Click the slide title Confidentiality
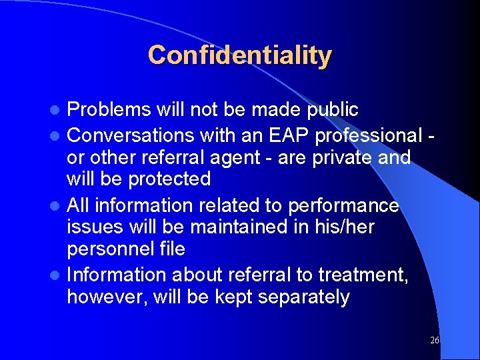coord(240,55)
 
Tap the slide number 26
coord(434,341)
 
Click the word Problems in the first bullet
coord(110,109)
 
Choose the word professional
coord(369,135)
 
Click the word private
coord(352,157)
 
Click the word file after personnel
coord(172,249)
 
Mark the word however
coord(107,297)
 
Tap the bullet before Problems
coord(58,110)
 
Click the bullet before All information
coord(58,205)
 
